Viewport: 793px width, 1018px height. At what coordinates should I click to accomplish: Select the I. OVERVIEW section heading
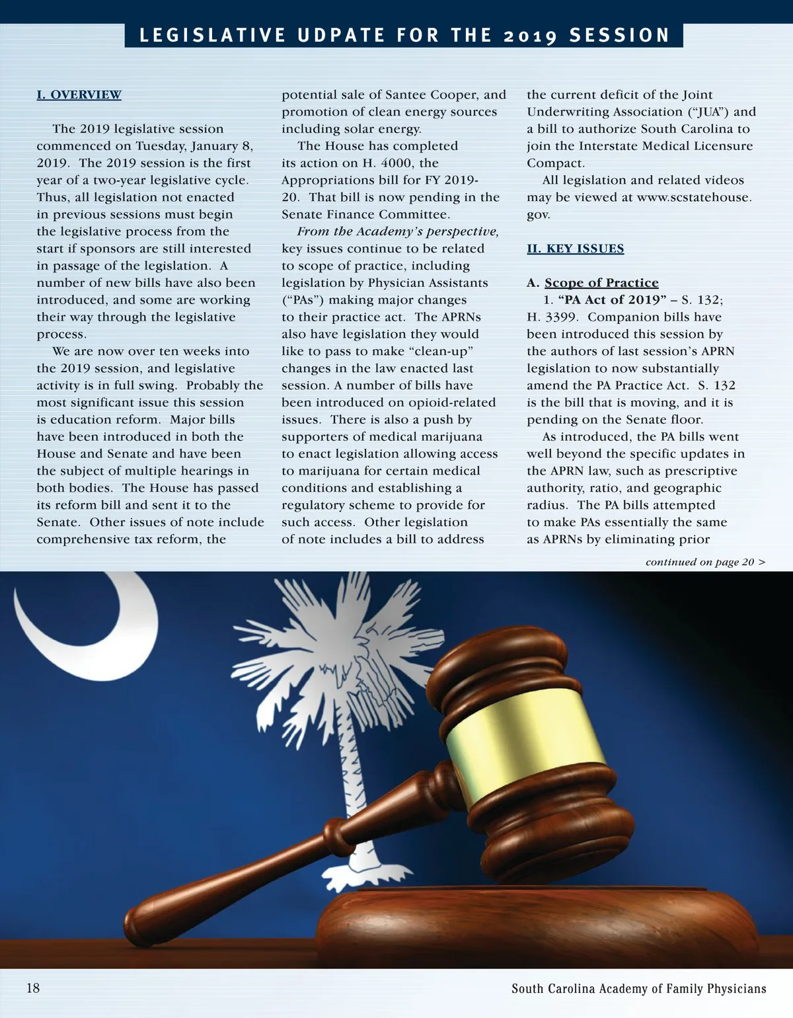coord(79,95)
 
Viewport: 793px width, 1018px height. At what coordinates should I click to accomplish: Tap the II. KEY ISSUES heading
coord(575,249)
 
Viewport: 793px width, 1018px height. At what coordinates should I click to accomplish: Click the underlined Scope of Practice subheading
coord(601,283)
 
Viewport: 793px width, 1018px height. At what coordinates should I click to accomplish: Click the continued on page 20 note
coord(705,562)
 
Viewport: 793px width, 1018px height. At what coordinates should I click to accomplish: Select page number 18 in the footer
coord(33,988)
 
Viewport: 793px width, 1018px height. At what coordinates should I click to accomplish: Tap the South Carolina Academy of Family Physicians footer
coord(638,988)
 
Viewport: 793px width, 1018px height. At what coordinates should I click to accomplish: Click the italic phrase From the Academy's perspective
coord(398,231)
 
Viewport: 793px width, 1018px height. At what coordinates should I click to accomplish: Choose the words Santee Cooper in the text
coord(430,95)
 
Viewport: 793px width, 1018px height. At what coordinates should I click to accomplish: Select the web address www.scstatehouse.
coord(694,197)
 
